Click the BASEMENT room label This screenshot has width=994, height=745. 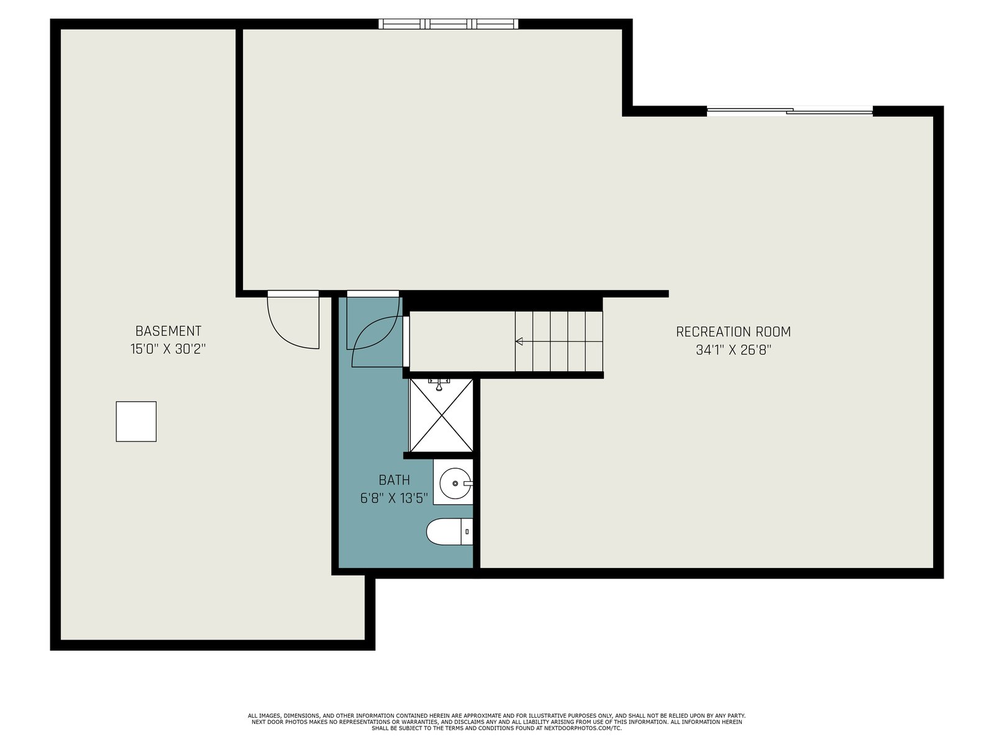pos(168,331)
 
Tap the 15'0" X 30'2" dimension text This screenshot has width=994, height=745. pos(168,349)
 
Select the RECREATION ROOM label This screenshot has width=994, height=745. pos(733,332)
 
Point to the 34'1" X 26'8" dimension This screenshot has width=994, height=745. pos(733,350)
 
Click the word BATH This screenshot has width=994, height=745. pos(394,480)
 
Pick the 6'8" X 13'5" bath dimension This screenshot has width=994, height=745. pos(394,499)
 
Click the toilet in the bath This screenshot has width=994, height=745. pos(450,531)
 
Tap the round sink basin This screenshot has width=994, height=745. pos(455,484)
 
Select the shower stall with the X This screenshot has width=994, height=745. pos(441,415)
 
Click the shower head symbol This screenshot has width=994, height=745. pos(439,384)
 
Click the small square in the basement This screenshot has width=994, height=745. pos(136,422)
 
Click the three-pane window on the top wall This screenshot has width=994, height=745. pos(449,24)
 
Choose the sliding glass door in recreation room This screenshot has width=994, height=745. pos(790,111)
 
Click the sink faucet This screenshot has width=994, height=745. pos(468,484)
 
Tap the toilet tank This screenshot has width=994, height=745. pos(467,531)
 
